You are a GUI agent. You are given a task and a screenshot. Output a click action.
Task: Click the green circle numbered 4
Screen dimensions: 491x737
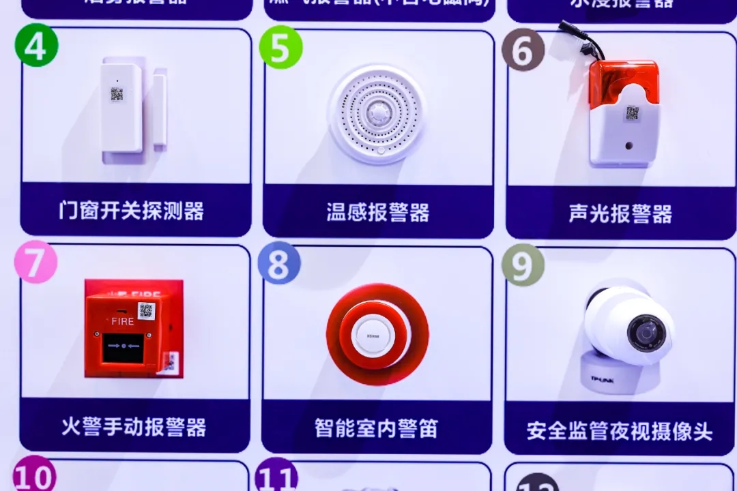(36, 45)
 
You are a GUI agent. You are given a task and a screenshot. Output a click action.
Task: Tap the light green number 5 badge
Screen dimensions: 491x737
(280, 47)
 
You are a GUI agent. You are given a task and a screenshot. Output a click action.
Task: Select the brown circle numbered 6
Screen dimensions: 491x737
(523, 50)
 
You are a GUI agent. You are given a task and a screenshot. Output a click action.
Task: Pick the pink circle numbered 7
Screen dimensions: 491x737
(35, 262)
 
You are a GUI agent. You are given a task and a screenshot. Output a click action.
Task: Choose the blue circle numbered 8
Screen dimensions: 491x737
(279, 263)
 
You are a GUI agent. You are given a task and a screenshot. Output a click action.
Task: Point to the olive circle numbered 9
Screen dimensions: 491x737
(523, 265)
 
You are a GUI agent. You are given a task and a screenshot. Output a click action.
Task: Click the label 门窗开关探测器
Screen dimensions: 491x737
(131, 211)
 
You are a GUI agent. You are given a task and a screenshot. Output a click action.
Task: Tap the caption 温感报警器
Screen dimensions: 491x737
(377, 213)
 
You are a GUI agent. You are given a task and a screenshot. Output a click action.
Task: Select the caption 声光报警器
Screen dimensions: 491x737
(620, 213)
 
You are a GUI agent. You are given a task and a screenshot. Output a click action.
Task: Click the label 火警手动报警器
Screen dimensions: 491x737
(134, 428)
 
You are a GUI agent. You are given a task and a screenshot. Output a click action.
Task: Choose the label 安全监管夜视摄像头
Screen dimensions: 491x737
(620, 431)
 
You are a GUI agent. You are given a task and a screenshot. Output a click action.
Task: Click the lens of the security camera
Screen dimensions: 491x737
(645, 333)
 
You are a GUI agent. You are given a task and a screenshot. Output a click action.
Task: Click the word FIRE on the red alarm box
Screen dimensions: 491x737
(123, 321)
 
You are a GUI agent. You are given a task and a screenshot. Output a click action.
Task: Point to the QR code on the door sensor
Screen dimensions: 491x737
(117, 94)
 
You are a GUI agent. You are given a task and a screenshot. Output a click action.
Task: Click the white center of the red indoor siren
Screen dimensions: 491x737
(373, 336)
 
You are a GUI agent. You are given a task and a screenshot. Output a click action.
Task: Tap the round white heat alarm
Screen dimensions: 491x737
(377, 114)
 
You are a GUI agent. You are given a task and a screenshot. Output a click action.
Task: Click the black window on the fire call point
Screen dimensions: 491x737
(123, 348)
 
